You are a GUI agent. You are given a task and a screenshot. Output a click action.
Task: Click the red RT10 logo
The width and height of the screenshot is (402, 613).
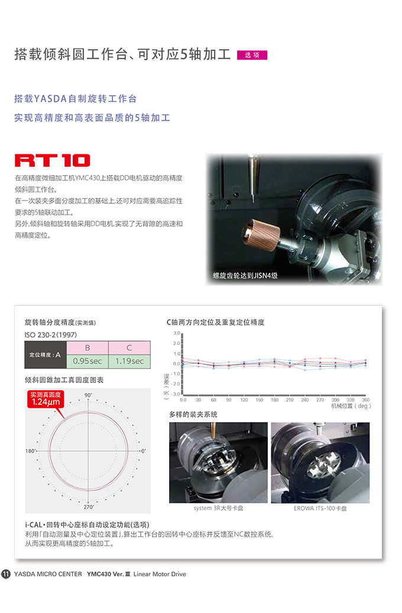coord(53,161)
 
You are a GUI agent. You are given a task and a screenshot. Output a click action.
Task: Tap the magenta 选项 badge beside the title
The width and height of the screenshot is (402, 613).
coord(252,55)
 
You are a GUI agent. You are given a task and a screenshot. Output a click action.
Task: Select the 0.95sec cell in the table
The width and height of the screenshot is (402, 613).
coord(87,361)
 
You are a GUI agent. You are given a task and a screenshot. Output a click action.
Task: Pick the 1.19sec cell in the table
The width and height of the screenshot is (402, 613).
coord(129,361)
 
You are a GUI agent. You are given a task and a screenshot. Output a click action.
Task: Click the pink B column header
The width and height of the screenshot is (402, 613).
coord(87,348)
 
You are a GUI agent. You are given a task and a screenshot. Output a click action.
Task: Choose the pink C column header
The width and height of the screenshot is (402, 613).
coord(129,348)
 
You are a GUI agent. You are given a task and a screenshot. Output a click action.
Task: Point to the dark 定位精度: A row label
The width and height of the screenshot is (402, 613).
coord(46,355)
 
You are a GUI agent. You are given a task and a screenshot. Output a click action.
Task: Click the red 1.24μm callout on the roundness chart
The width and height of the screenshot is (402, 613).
coord(46,399)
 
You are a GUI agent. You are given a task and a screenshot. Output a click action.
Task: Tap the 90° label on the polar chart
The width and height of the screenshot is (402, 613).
coord(88,395)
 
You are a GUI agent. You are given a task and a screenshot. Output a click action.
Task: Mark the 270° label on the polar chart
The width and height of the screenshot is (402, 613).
coord(89,507)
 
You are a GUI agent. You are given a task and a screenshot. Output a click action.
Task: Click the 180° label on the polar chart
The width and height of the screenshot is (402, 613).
coord(31,451)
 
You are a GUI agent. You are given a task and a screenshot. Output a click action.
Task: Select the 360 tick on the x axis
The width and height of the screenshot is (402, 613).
coord(365,400)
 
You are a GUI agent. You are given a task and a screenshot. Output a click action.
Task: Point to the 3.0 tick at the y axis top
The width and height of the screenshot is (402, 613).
coord(177,333)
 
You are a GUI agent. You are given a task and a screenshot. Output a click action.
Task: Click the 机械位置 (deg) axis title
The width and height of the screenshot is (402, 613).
coord(351,406)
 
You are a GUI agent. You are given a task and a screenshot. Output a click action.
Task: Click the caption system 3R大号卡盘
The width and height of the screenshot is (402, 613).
coord(218,508)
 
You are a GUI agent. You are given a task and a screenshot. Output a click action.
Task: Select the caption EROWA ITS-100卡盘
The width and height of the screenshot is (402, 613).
coord(320,508)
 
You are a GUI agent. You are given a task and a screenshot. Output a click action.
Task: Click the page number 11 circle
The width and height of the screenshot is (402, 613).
coord(6,574)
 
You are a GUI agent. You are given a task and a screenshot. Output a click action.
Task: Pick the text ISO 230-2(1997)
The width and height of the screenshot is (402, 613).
coord(51,335)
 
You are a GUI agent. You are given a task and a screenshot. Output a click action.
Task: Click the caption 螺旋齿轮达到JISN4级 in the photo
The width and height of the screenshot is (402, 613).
coord(245,275)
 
